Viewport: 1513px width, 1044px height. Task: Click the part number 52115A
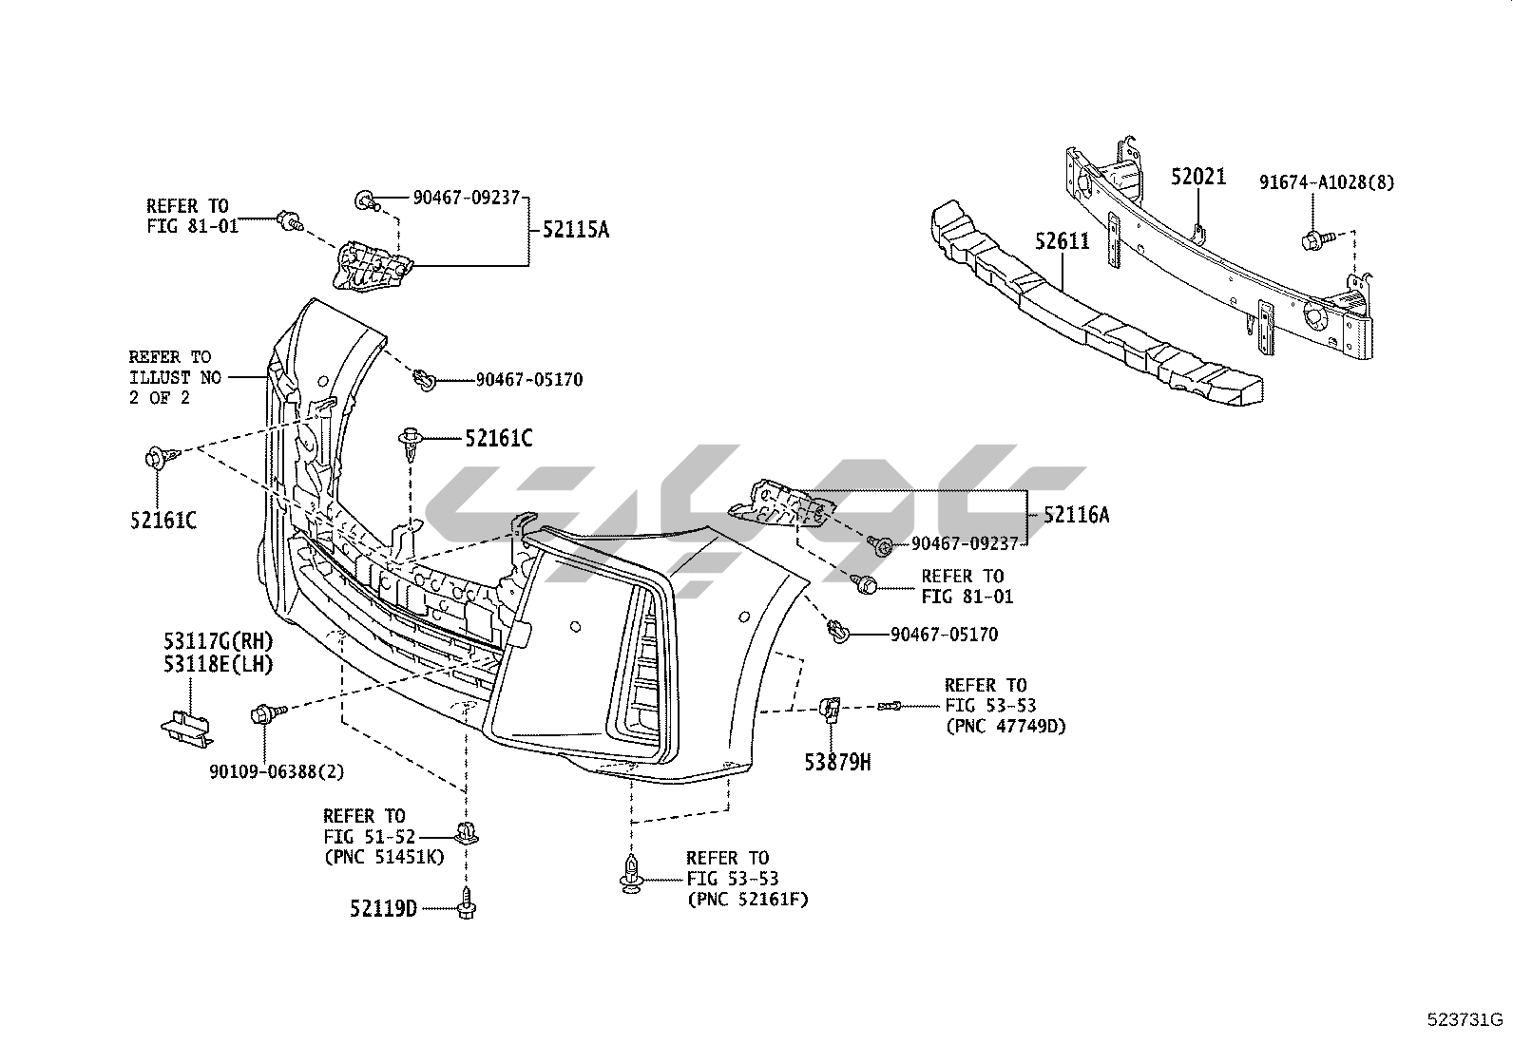[575, 229]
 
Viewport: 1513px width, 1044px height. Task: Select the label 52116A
[1076, 515]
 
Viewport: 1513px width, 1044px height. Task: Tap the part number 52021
[1197, 177]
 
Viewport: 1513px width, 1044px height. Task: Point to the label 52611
[1062, 241]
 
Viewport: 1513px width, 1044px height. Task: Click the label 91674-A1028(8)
[1327, 182]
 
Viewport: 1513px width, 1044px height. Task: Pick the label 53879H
[838, 761]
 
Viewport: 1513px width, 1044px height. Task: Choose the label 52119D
[383, 909]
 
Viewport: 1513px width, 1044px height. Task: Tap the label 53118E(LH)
[218, 665]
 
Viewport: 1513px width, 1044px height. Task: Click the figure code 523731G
[1465, 1020]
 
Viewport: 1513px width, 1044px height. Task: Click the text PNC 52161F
[747, 898]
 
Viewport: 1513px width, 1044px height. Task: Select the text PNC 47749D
[1005, 727]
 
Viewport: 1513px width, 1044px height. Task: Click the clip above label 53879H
[830, 708]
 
